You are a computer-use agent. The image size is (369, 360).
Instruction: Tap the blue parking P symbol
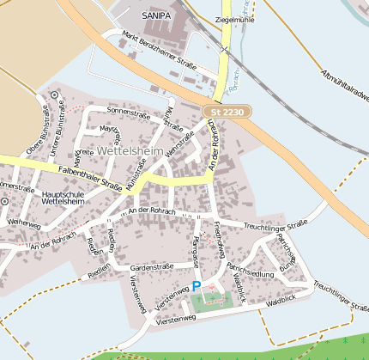(x=197, y=285)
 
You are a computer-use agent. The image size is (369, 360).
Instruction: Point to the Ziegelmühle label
(x=236, y=17)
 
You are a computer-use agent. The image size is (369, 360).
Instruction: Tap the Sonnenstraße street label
(x=128, y=112)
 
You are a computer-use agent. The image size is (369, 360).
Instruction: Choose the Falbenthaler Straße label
(x=89, y=177)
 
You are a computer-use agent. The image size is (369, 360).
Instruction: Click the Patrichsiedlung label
(x=250, y=272)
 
